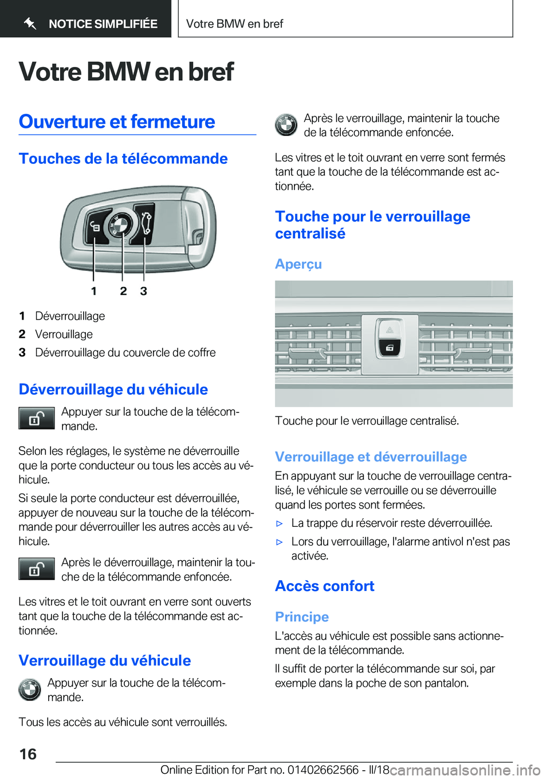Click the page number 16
(28, 754)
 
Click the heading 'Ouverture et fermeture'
(117, 122)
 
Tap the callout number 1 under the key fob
(94, 291)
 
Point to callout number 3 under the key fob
(144, 291)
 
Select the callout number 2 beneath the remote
(123, 291)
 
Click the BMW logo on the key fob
(120, 225)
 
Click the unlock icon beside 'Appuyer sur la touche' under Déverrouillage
(36, 419)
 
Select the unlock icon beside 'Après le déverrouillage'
(36, 569)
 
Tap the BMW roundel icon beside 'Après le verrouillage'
(286, 125)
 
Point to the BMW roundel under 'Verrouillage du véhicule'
(30, 690)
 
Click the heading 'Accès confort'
(324, 586)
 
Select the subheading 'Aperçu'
(298, 264)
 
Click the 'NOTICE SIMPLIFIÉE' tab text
(103, 24)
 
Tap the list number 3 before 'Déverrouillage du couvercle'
(22, 353)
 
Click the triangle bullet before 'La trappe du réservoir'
(280, 523)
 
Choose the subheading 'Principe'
(302, 617)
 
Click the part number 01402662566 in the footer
(323, 770)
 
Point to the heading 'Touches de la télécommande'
(123, 159)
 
